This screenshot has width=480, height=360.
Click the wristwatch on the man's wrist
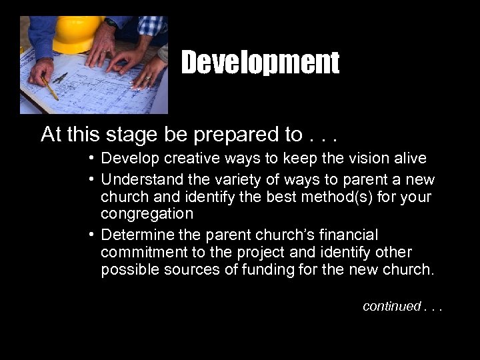[111, 23]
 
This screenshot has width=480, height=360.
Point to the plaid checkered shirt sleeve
[151, 25]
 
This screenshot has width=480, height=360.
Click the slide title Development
[260, 63]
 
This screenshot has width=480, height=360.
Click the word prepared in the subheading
[238, 135]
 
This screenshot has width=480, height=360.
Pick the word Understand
[141, 180]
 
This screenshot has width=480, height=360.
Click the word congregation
[147, 214]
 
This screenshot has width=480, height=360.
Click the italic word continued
[392, 306]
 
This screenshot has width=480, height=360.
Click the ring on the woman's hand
[147, 78]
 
